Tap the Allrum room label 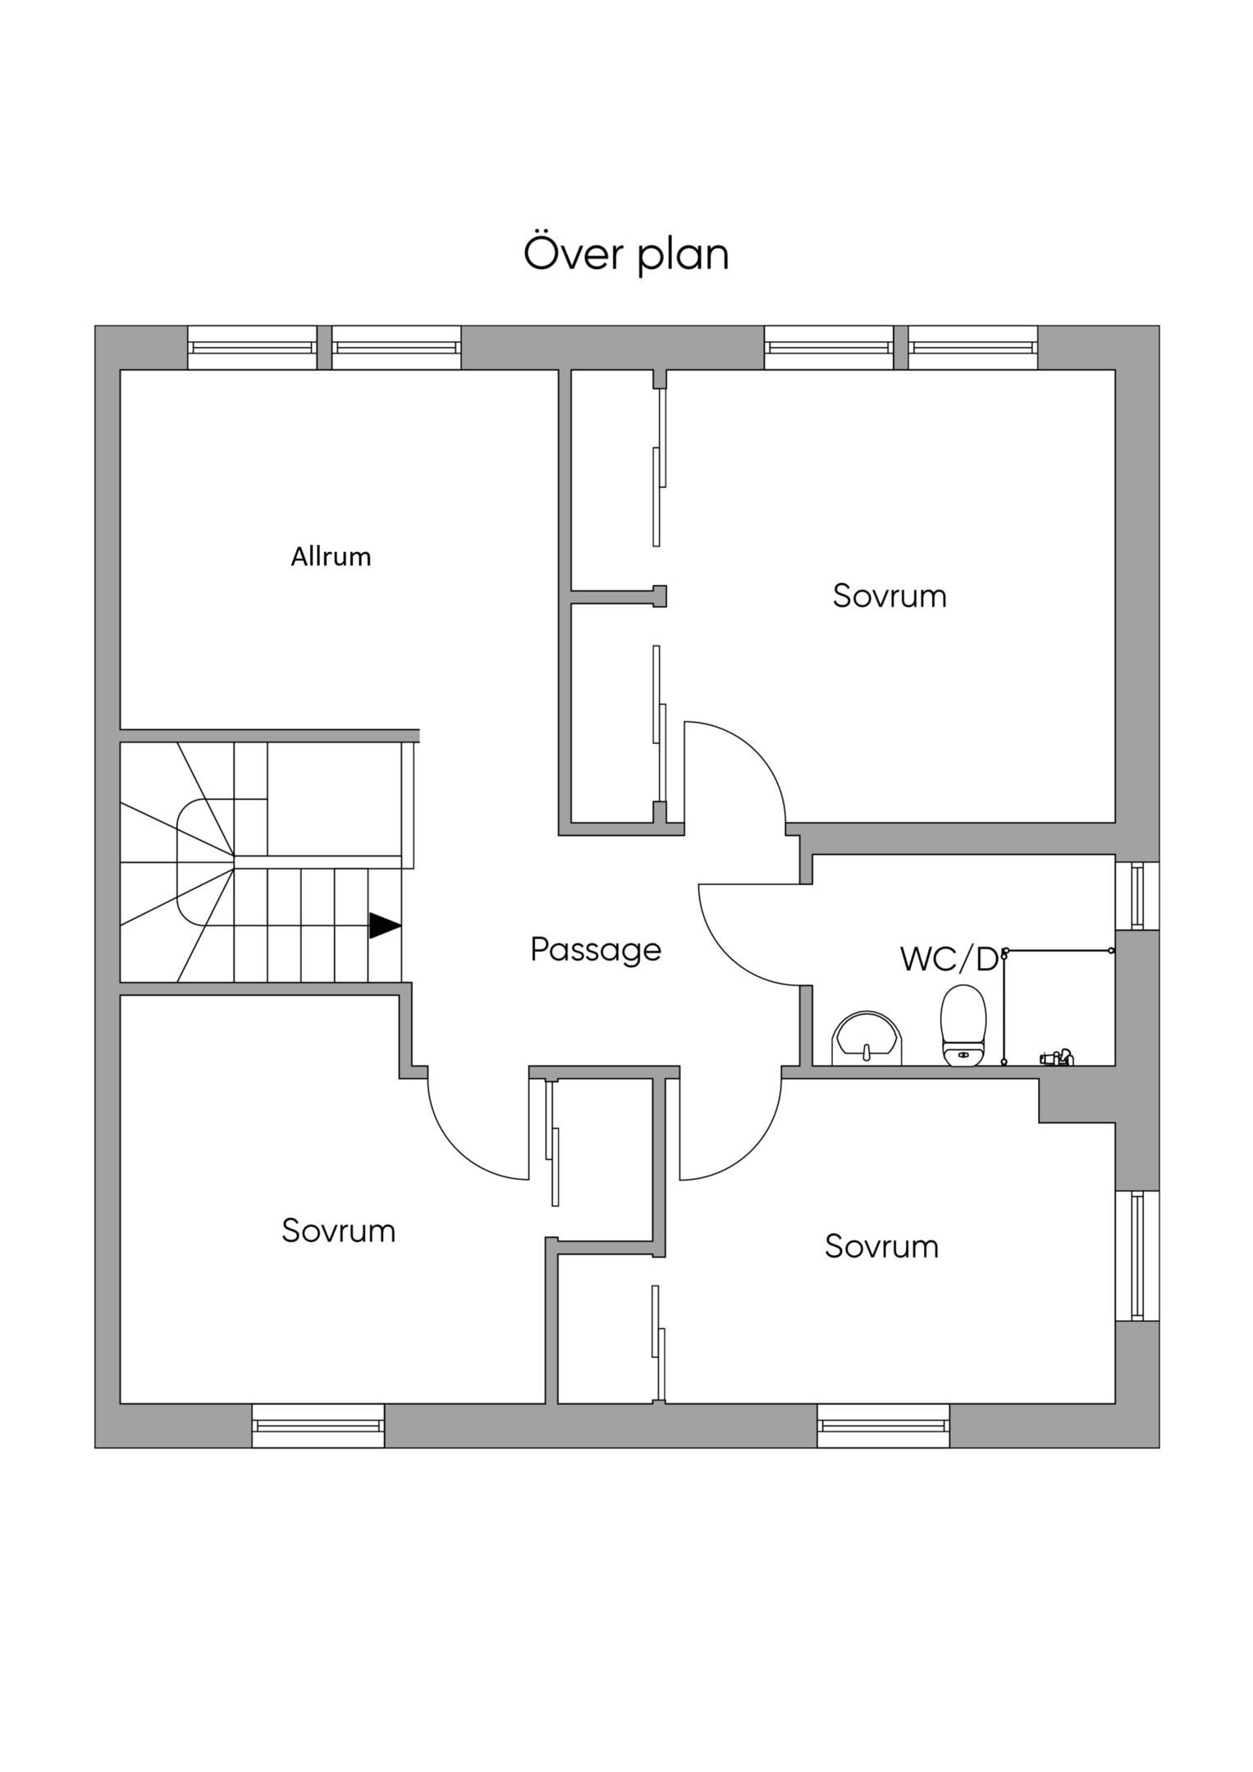point(331,557)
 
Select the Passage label point(596,950)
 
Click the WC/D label point(949,958)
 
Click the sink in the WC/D point(867,1038)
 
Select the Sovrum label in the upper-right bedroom point(889,596)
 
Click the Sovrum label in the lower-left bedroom point(338,1231)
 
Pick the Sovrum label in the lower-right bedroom point(881,1246)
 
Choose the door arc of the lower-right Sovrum point(752,1150)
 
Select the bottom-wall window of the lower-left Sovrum point(318,1426)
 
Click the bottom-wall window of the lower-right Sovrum point(884,1426)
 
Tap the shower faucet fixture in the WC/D point(1056,1057)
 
